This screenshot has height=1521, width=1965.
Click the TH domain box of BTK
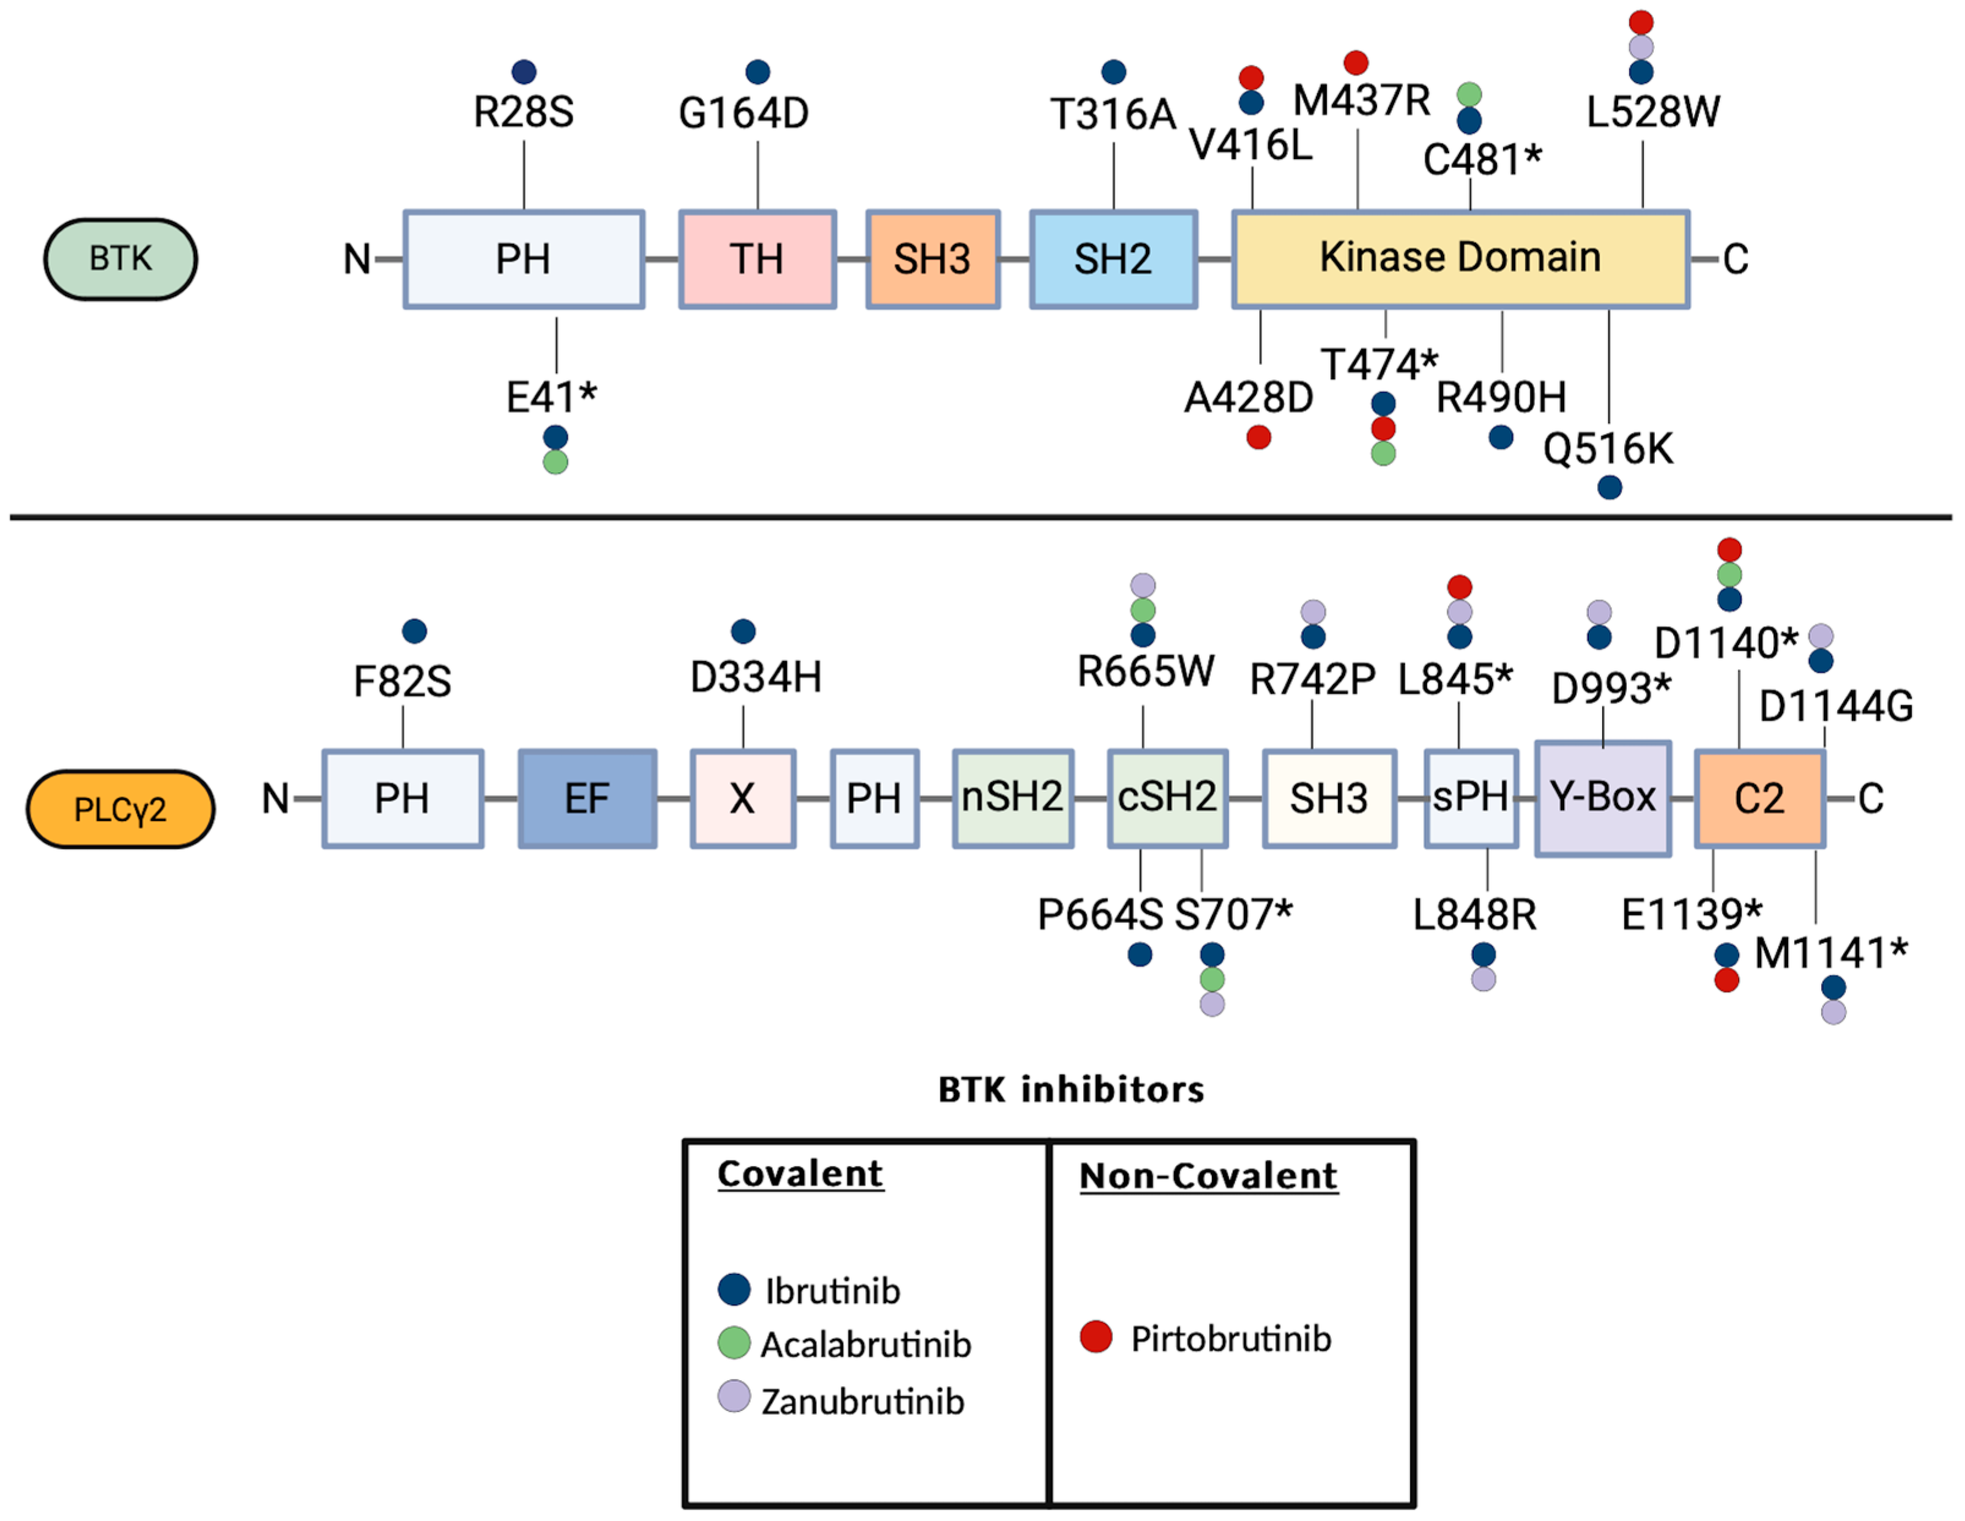tap(757, 259)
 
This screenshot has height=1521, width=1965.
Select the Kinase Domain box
tap(1459, 259)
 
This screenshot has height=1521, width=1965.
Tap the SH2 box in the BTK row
tap(1113, 259)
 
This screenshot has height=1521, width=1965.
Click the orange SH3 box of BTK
tap(932, 259)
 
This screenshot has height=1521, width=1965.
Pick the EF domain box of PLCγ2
tap(587, 799)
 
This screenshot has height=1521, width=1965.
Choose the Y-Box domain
tap(1602, 798)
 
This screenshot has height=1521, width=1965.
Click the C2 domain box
tap(1759, 799)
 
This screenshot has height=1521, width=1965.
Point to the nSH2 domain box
tap(1012, 799)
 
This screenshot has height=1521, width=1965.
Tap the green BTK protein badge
tap(121, 259)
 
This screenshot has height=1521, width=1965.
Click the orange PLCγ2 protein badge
tap(121, 809)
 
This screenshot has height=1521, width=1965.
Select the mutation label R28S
tap(524, 113)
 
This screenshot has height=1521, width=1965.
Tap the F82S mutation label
tap(402, 682)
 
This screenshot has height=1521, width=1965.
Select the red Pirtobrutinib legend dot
tap(1096, 1338)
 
